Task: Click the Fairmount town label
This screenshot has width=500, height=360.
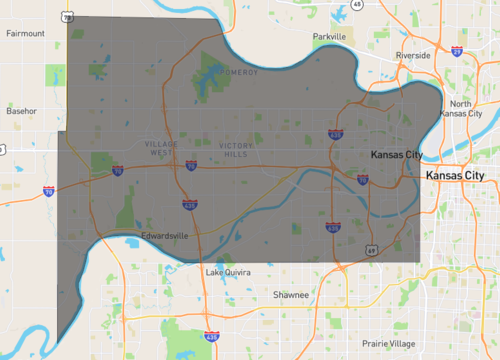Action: tap(26, 33)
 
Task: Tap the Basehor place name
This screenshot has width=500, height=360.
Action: tap(22, 110)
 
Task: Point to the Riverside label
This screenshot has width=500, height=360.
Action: tap(412, 55)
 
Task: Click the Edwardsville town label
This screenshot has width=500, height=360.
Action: tap(166, 237)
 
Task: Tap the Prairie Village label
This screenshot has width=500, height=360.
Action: tap(389, 343)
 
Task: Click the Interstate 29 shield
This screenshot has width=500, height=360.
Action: tap(456, 49)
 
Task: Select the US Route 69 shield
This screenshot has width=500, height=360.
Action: tap(370, 249)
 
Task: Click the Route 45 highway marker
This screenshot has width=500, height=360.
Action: tap(357, 4)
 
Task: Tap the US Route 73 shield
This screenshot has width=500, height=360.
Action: tap(66, 17)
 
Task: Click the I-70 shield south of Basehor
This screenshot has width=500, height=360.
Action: tap(48, 190)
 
